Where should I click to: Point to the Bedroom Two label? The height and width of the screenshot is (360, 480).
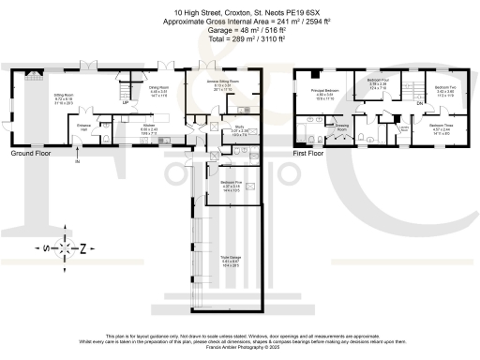[445, 87]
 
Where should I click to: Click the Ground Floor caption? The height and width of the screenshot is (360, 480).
[33, 152]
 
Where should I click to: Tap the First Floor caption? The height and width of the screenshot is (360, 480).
[312, 152]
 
